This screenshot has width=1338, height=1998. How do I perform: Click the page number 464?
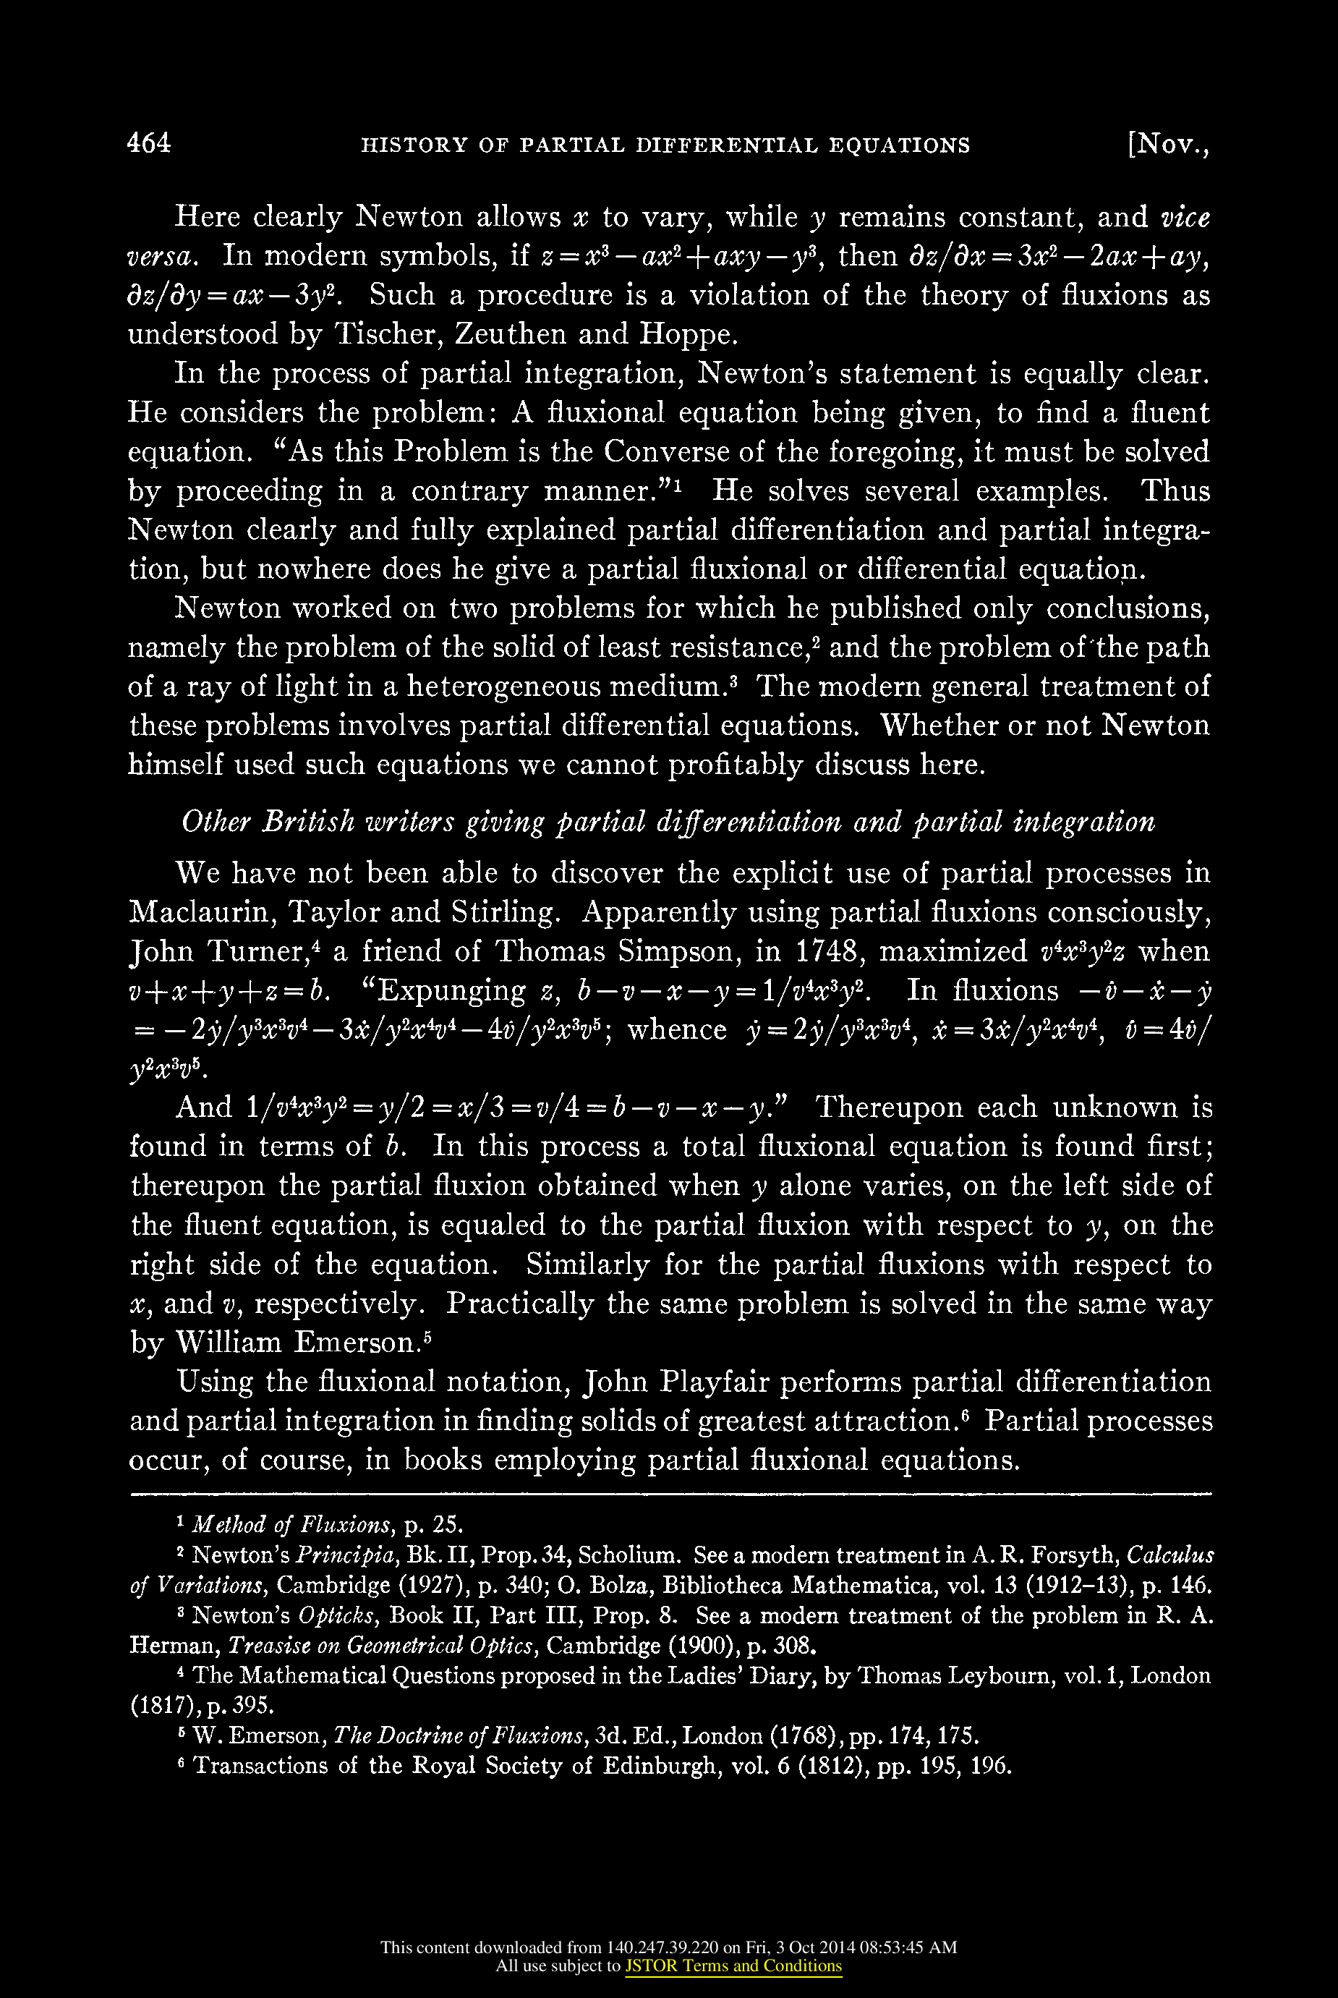(x=148, y=143)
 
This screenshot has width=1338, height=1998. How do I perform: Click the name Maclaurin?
(x=200, y=912)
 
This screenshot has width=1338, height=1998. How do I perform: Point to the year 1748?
(x=825, y=952)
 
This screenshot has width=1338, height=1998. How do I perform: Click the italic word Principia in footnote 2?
(x=347, y=1555)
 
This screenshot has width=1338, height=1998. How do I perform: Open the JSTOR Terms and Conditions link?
(x=733, y=1965)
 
